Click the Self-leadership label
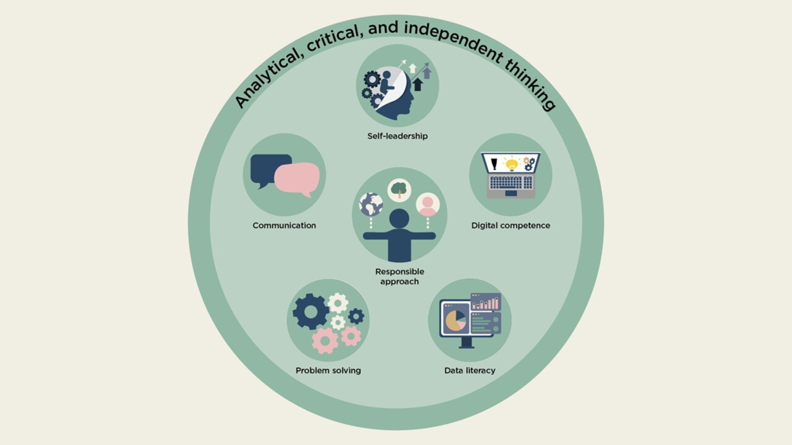coord(397,136)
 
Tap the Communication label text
coord(284,226)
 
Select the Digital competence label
coord(510,226)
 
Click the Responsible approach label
coord(399,276)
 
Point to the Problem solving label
coord(328,371)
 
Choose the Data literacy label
coord(470,371)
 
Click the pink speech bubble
coord(297,178)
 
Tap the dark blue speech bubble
coord(267,168)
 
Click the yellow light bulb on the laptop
coord(511,164)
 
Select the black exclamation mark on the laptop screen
coord(494,164)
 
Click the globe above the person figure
coord(371,205)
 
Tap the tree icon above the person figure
coord(399,190)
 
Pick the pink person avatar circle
coord(428,205)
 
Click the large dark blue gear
coord(311,311)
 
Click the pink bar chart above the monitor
coord(486,302)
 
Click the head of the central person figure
coord(399,219)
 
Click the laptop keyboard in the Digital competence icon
coord(510,182)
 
